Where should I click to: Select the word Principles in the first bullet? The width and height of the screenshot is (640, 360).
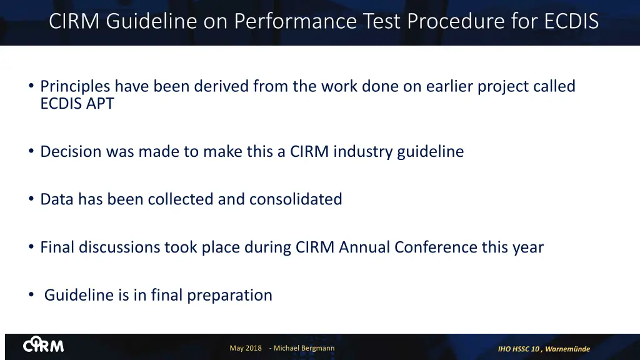(x=75, y=86)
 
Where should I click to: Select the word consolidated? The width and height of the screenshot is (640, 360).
(x=296, y=199)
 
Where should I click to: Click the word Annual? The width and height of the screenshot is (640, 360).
(x=365, y=247)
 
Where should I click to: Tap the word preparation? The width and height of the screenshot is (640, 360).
(x=231, y=295)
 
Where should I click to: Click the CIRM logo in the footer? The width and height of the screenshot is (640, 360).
(x=43, y=346)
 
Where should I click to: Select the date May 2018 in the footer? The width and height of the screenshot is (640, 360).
(x=246, y=348)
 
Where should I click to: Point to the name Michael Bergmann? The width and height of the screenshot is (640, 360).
(x=304, y=348)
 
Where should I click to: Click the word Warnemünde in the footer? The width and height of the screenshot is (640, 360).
(x=567, y=349)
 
